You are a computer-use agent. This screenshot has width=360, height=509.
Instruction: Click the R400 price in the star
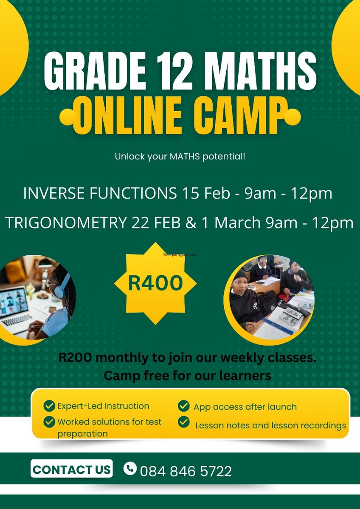(x=155, y=283)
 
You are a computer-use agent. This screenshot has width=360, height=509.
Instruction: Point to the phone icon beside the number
(x=130, y=469)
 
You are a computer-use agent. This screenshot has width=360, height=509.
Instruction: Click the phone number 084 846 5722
(x=186, y=471)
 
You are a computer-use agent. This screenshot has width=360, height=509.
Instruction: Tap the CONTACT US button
(x=72, y=469)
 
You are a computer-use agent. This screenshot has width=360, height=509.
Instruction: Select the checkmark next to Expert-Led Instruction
(x=50, y=406)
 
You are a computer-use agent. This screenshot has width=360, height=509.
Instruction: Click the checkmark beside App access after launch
(x=184, y=406)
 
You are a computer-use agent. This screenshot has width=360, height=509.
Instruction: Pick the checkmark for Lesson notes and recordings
(x=184, y=422)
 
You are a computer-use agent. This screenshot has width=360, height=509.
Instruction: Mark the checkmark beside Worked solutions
(x=50, y=422)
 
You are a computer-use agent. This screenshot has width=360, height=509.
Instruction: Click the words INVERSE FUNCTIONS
(x=99, y=194)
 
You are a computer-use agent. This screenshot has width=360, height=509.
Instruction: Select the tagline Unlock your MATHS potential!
(x=180, y=157)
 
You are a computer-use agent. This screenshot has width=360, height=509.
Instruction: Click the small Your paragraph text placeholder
(x=180, y=255)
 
